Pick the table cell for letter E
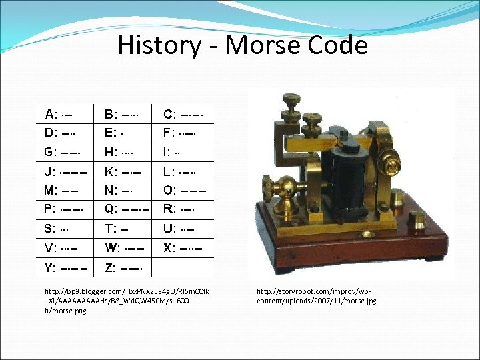point(127,132)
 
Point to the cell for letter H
point(127,151)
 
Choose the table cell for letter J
point(67,171)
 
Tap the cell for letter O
point(185,190)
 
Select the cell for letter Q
point(127,209)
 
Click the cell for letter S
point(67,229)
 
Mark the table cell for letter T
point(127,229)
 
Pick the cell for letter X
point(185,248)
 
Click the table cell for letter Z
point(127,267)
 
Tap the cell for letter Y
point(67,267)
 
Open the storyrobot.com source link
point(317,296)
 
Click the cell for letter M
point(67,190)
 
